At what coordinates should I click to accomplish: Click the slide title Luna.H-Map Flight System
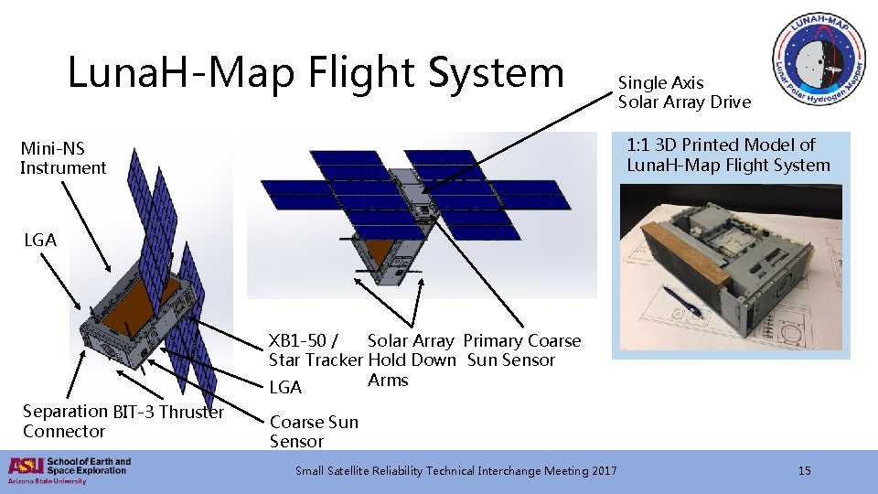(316, 73)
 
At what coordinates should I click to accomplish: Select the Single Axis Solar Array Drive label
(684, 92)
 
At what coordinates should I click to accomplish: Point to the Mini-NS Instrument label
(63, 157)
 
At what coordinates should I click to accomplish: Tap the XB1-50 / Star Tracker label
(315, 350)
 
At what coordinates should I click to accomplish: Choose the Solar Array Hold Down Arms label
(411, 360)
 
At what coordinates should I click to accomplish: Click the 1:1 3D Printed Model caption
(728, 156)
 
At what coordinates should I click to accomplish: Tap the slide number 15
(804, 471)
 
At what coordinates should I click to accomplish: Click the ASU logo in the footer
(25, 467)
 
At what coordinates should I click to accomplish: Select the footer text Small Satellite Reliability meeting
(455, 471)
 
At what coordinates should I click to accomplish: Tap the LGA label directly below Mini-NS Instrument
(40, 241)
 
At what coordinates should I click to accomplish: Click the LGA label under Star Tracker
(285, 387)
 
